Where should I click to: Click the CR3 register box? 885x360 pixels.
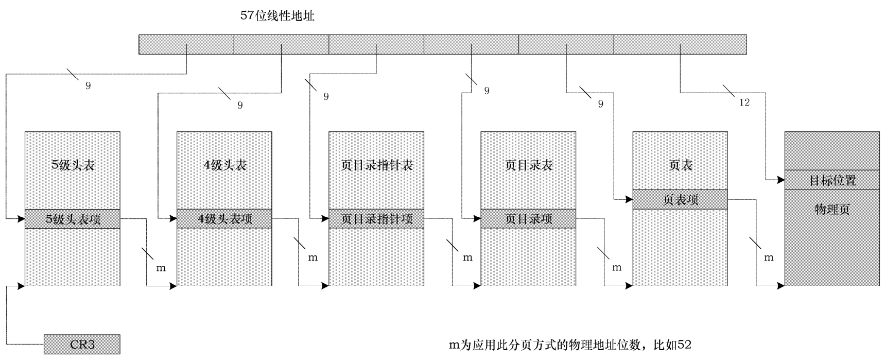point(82,344)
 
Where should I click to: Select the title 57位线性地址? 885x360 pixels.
point(277,16)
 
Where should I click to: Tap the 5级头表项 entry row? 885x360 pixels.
point(73,219)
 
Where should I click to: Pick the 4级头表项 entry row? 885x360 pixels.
point(224,219)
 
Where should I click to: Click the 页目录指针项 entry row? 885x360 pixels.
point(376,219)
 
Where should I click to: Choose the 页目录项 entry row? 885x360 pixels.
point(528,219)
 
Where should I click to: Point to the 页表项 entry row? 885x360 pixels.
point(680,199)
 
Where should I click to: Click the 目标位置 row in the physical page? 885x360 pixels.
point(832,180)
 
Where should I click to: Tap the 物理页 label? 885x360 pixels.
point(832,209)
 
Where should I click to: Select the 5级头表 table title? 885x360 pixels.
point(73,165)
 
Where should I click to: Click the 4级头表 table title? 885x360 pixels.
point(224,165)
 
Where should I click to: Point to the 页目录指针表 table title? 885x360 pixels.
point(376,165)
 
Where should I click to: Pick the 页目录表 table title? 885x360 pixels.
point(528,165)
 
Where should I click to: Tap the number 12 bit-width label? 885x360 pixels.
point(744,102)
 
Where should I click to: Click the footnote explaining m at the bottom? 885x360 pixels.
point(570,345)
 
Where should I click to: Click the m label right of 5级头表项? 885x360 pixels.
point(161,268)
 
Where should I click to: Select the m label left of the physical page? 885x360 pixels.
point(768,257)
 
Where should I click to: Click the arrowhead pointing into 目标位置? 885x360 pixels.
point(780,180)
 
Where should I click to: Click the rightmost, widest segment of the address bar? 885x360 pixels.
point(680,44)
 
